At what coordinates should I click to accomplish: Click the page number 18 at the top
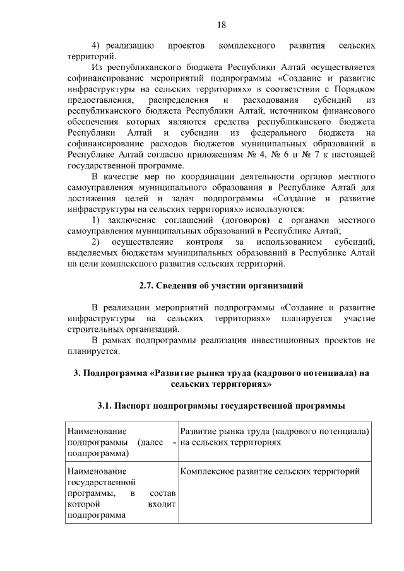(x=221, y=25)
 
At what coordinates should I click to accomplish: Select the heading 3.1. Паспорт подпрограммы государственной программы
(x=221, y=404)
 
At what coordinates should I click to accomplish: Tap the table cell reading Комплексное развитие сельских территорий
(x=270, y=471)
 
